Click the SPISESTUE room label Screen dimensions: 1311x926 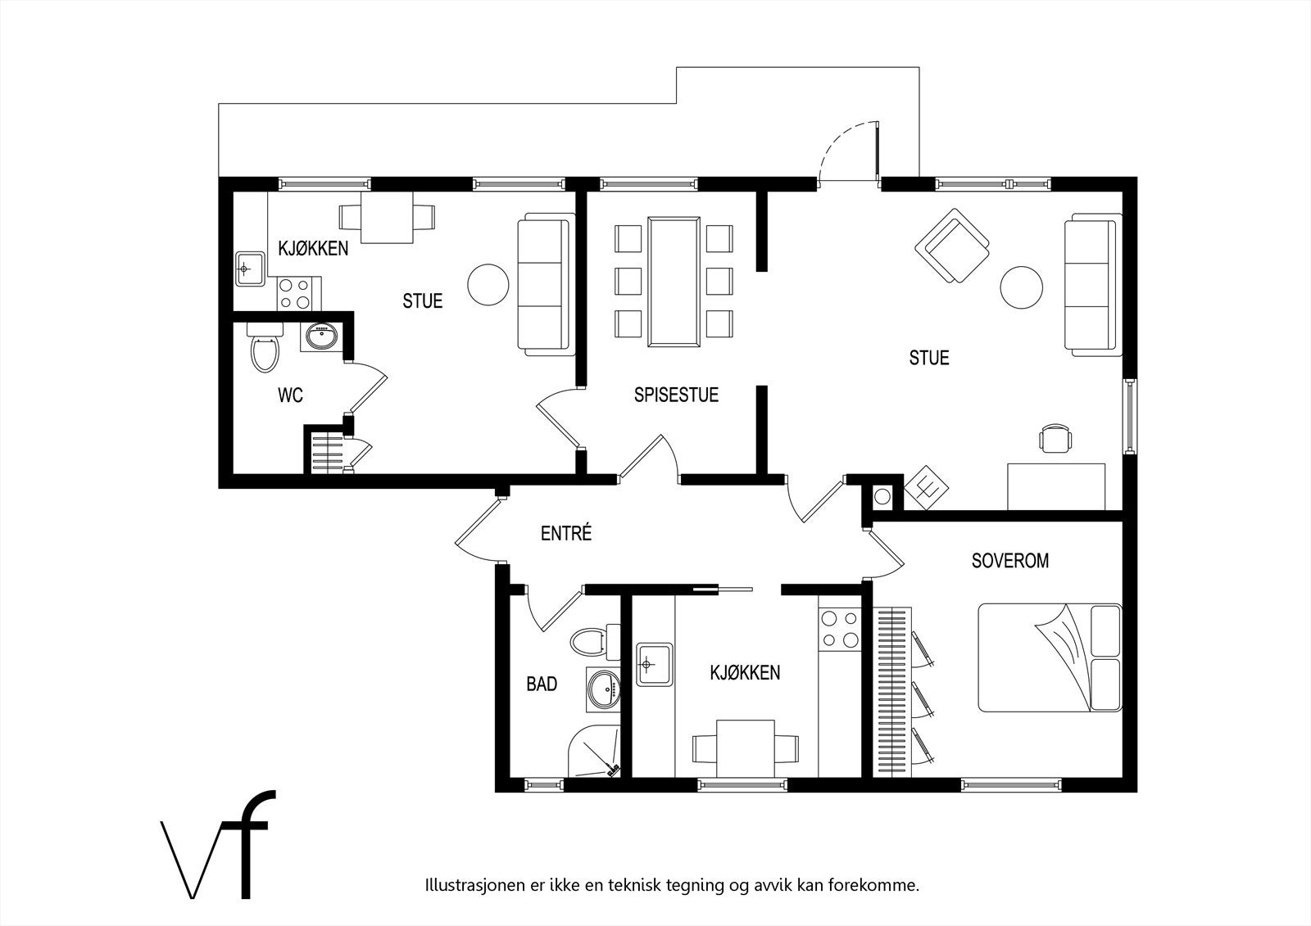676,395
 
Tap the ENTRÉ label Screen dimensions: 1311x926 566,533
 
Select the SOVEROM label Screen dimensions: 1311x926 1010,561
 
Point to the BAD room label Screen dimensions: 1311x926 542,684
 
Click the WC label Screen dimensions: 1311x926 290,395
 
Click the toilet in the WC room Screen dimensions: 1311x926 265,346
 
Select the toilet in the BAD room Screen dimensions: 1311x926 595,642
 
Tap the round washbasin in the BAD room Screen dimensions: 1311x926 603,689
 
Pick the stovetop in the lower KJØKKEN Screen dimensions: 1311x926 840,629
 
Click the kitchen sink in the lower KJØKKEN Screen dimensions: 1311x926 655,664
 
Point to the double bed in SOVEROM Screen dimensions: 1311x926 1050,658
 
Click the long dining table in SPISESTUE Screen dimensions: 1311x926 674,282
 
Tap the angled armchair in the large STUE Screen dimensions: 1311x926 952,246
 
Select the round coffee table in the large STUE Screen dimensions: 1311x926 1021,287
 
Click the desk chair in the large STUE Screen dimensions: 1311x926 1056,438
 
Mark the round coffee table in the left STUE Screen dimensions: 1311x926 488,285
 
